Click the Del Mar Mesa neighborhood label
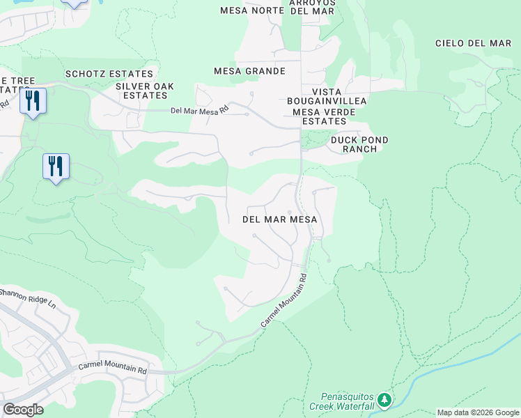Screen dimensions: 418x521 (279, 219)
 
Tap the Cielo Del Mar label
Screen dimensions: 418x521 (473, 43)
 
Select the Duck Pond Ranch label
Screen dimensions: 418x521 (359, 144)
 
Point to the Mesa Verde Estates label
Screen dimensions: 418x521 (320, 116)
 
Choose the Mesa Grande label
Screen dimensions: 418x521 (249, 71)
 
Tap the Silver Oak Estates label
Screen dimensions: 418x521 (144, 91)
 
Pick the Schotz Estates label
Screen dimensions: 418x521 (109, 74)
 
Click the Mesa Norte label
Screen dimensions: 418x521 (248, 10)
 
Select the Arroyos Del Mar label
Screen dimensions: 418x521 (313, 6)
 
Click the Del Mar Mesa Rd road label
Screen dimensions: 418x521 (200, 110)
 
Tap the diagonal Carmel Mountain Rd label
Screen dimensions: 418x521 (284, 301)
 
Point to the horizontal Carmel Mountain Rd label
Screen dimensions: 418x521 (112, 368)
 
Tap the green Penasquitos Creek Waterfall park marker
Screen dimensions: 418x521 (384, 401)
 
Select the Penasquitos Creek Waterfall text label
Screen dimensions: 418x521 (347, 400)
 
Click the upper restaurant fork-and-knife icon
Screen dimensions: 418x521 (32, 101)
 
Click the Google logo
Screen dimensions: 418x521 (23, 410)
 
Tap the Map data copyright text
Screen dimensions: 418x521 (477, 412)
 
